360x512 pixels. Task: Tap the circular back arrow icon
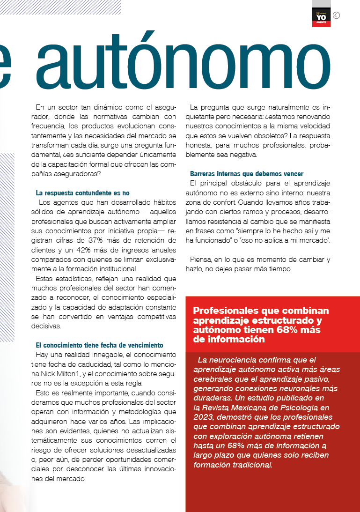(x=336, y=15)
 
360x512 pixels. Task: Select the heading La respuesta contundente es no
(x=82, y=193)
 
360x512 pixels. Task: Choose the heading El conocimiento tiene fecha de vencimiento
(x=99, y=345)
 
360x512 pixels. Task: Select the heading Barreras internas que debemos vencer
(x=247, y=174)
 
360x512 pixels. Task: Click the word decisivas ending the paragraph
(x=47, y=326)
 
